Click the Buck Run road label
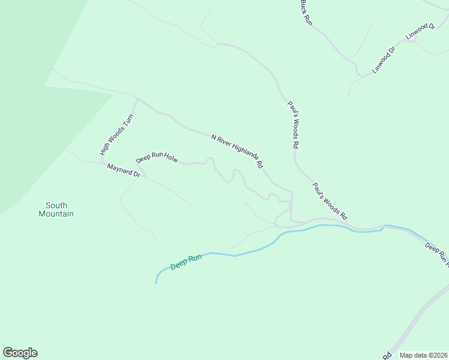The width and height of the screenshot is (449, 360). coord(306,12)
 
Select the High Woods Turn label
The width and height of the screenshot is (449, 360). coord(116,135)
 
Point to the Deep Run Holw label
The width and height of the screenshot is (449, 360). coord(157,158)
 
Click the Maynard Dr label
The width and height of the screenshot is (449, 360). coord(124,170)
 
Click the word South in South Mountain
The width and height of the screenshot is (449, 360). coord(56,205)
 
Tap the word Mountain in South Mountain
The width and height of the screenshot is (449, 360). coord(56,214)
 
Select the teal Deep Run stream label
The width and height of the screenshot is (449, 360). coord(186,262)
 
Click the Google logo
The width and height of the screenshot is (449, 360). coord(20,353)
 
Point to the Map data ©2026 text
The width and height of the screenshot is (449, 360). coord(424,355)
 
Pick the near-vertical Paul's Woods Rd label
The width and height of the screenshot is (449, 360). coord(292,124)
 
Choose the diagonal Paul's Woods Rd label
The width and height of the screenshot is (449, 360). coord(330,200)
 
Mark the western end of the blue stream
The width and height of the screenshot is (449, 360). coord(156,283)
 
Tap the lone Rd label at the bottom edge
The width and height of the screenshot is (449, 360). coord(387,355)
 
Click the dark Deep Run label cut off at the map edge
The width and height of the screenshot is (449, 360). coord(436,254)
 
